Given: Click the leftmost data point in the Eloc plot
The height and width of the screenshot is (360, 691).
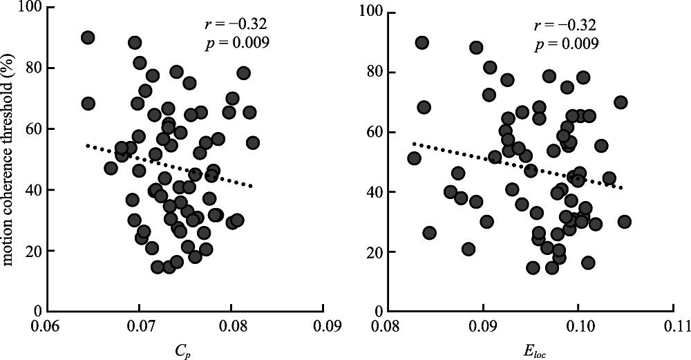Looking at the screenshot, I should coord(415,158).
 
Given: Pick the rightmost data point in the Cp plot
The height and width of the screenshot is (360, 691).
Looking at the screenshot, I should coord(253,143).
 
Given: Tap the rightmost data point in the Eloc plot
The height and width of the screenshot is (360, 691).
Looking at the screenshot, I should coord(625,222).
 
